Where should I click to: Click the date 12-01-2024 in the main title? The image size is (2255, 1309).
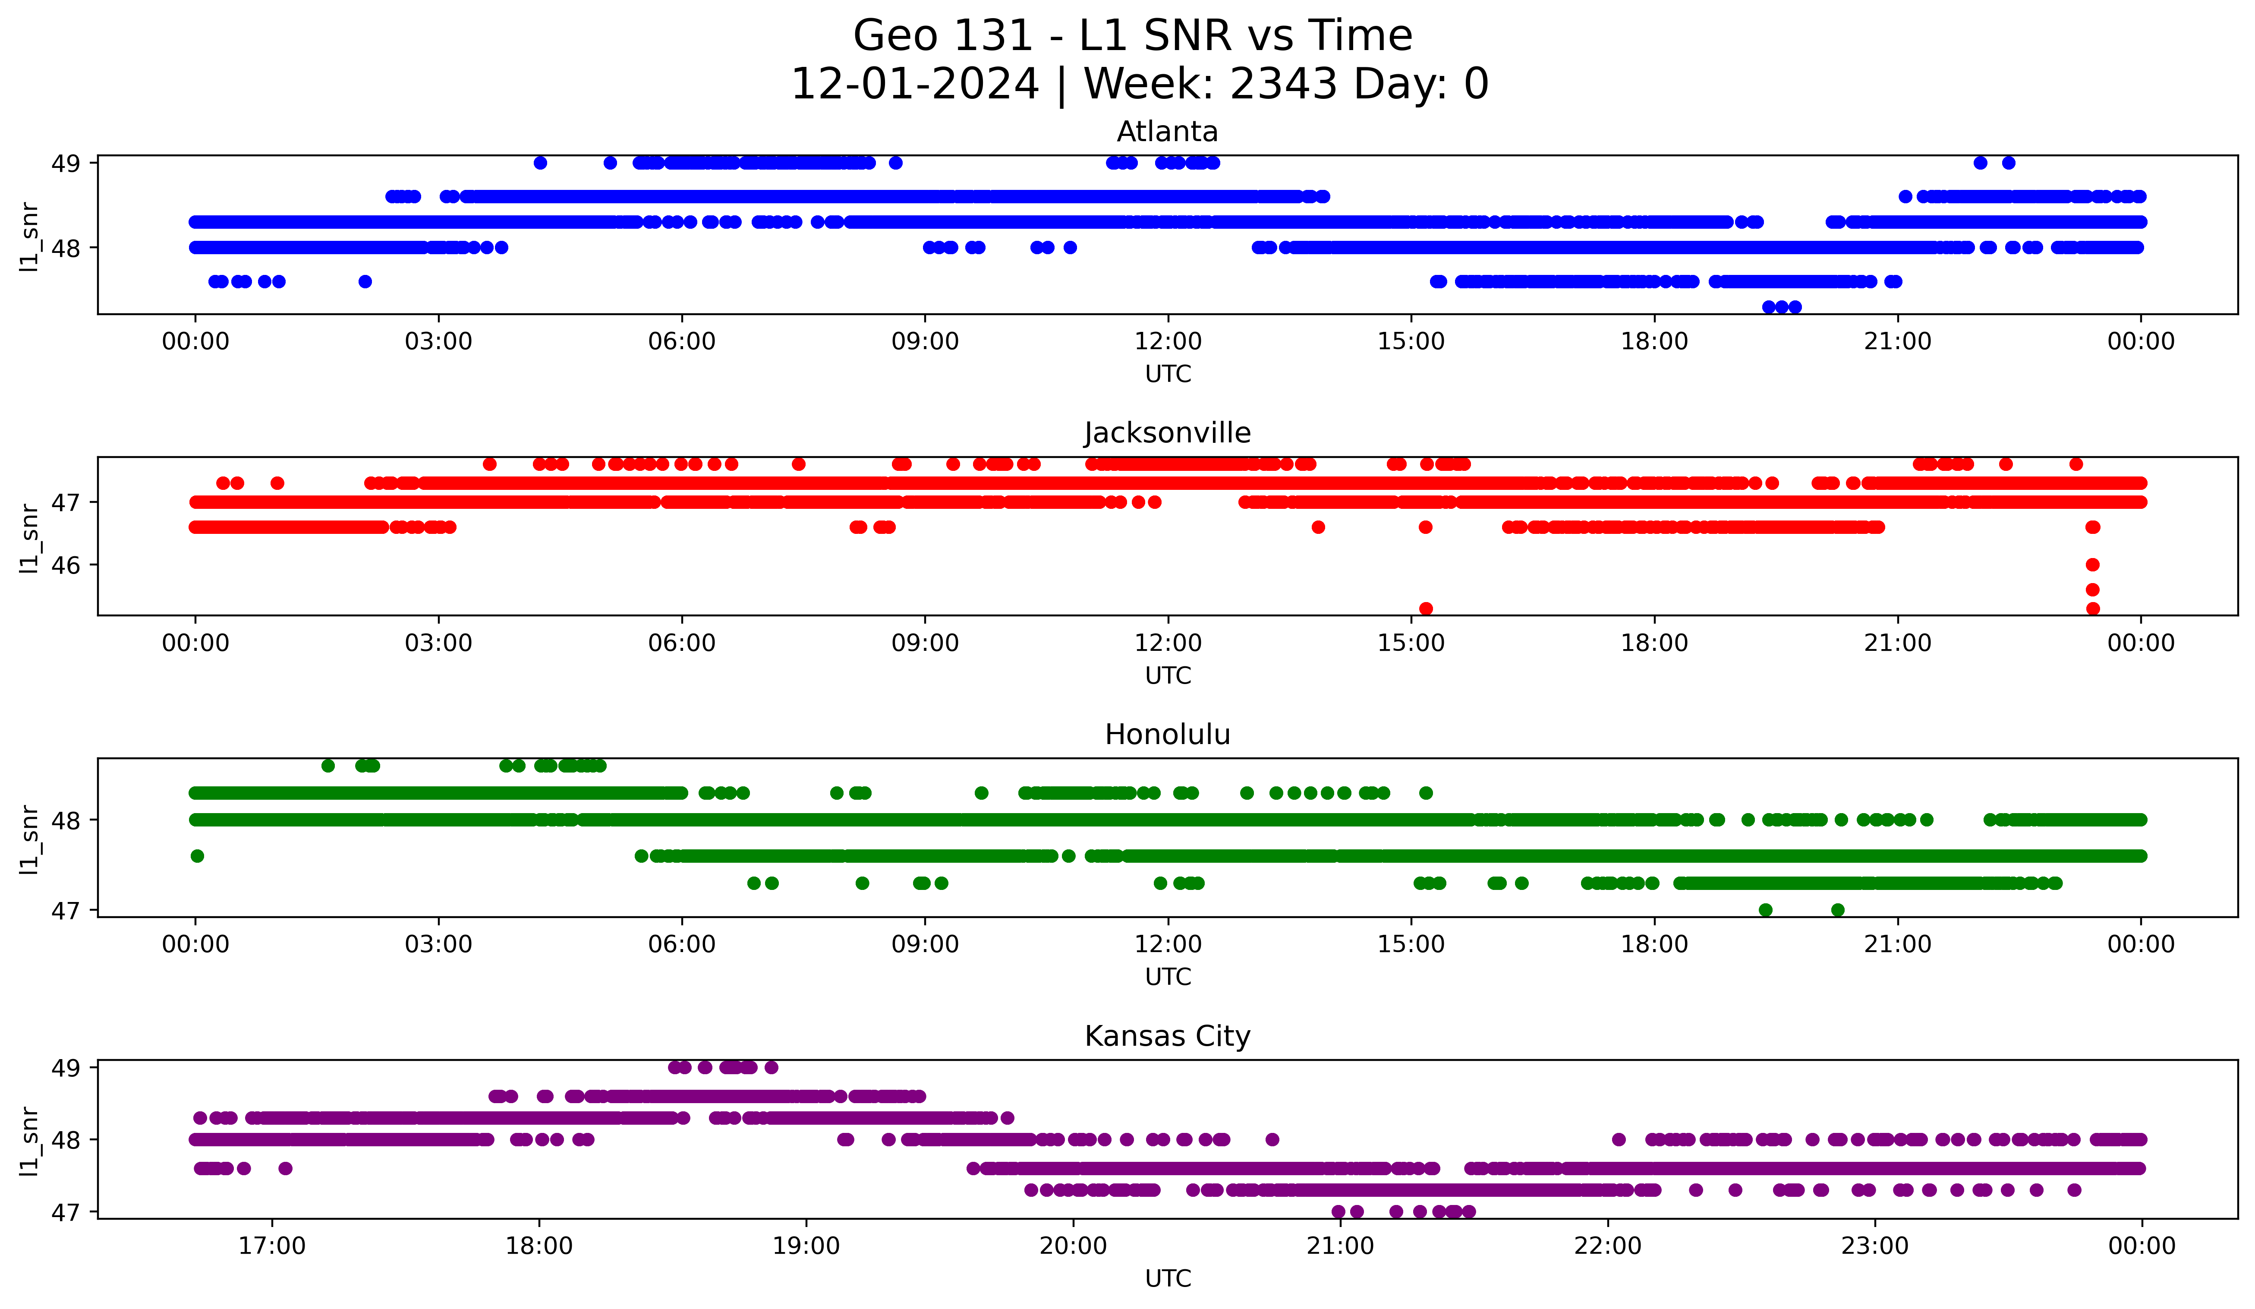click(914, 84)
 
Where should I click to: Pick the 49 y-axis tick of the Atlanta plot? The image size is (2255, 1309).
click(65, 163)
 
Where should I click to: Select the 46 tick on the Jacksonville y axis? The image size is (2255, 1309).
click(65, 565)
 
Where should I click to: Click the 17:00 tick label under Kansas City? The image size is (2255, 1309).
click(272, 1246)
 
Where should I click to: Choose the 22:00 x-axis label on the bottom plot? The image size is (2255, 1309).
click(1608, 1246)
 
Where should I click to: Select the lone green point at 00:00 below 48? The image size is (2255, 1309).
click(198, 856)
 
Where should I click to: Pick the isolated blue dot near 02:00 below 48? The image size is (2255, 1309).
click(365, 282)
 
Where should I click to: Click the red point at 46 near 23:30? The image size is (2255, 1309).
click(2092, 565)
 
